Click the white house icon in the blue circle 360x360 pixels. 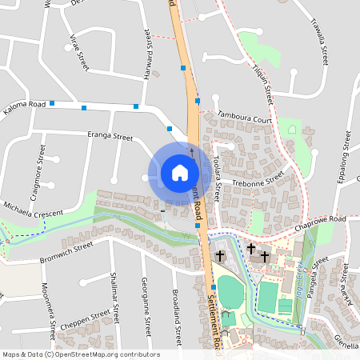click(179, 173)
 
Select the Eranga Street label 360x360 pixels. click(110, 138)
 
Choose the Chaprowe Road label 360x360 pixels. click(318, 221)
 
